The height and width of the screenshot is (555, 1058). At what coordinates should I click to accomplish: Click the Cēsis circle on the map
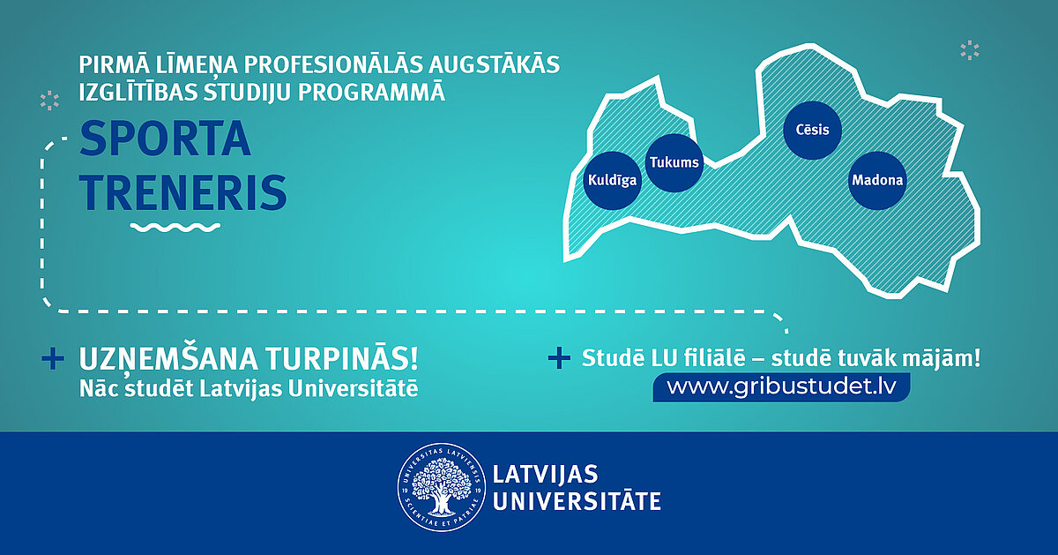click(812, 130)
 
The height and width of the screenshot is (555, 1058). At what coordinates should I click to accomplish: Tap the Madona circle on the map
click(877, 180)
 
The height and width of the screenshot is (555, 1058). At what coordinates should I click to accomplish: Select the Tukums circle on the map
click(674, 162)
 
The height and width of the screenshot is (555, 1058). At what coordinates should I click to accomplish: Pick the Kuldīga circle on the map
click(612, 180)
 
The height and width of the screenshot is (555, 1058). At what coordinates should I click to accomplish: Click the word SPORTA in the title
click(165, 139)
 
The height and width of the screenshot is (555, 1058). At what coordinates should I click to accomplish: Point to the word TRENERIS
click(183, 192)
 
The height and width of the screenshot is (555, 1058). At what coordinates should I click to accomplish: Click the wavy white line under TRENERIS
click(175, 228)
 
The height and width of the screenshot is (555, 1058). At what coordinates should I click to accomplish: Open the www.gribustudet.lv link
click(781, 387)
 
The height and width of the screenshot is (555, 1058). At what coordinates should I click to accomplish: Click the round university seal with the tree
click(441, 487)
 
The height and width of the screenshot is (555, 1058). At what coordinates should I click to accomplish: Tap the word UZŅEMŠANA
click(168, 359)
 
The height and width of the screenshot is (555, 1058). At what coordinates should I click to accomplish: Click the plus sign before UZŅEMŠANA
click(53, 359)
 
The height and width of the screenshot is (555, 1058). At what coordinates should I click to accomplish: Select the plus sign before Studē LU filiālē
click(559, 358)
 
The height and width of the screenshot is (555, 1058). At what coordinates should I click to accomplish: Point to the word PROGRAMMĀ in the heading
click(371, 92)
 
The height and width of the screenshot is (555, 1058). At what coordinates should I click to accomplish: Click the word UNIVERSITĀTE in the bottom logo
click(577, 501)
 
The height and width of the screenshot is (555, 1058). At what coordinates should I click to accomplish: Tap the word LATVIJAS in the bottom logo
click(546, 474)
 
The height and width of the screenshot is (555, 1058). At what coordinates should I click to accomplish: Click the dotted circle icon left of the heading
click(49, 101)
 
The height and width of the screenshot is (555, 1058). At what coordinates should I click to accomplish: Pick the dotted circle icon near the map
click(970, 50)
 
